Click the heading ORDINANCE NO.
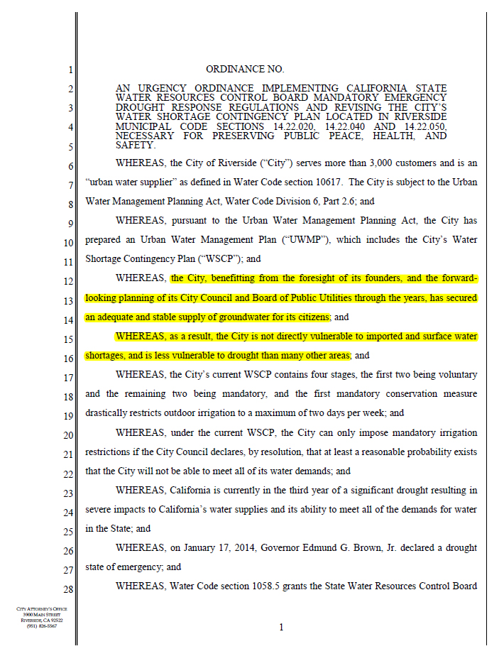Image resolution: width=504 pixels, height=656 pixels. pos(244,70)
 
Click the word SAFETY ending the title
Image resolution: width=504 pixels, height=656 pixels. pos(135,145)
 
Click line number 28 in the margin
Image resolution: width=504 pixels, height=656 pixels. pos(69,589)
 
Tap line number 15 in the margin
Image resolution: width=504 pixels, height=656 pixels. pos(69,340)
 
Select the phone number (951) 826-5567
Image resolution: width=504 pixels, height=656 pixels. pos(42,626)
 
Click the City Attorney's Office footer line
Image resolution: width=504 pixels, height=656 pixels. pos(42,609)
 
